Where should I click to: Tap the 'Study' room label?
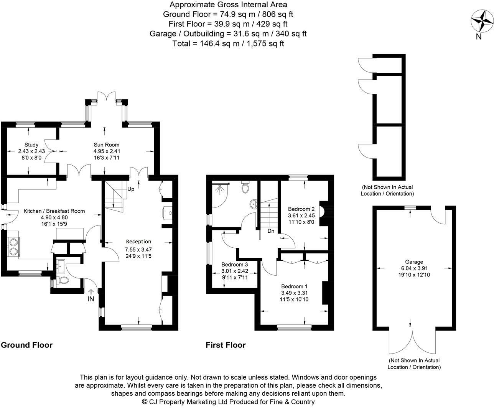point(31,145)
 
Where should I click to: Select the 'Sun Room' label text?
point(107,145)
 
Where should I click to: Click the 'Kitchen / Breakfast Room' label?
point(54,211)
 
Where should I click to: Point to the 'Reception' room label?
point(138,242)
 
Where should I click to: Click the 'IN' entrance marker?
point(91,298)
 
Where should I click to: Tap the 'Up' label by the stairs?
point(131,189)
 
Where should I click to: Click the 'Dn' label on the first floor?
point(271,231)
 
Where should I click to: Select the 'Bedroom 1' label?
point(294,286)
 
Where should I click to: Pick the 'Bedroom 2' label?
point(301,209)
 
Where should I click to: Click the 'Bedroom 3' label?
point(235,265)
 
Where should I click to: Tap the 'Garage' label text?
point(414,262)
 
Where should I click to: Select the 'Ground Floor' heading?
point(27,345)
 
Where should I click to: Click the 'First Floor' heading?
point(226,345)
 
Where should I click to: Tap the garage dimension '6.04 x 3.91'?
point(414,268)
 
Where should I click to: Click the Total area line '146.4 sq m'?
point(228,43)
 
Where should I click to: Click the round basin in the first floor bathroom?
point(254,204)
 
